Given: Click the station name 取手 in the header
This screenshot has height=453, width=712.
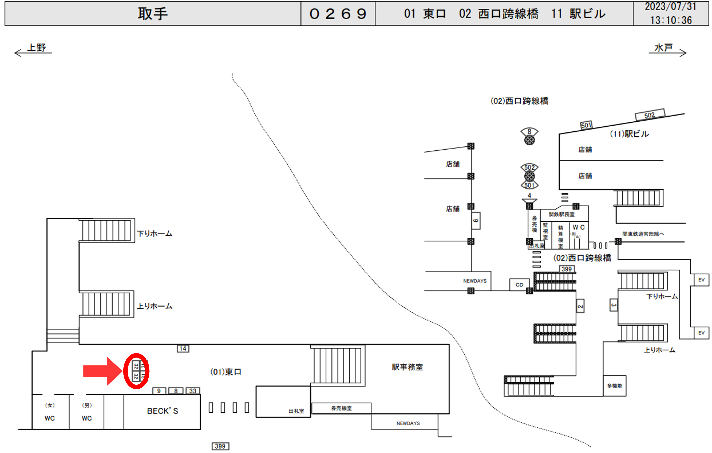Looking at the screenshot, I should [x=153, y=14].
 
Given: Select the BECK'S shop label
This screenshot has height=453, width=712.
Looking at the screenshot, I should [x=162, y=411].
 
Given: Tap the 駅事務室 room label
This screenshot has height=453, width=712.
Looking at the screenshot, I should [x=407, y=367].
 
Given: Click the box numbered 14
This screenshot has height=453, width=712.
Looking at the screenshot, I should [x=183, y=349].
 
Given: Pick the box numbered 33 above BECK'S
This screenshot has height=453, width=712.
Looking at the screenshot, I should [x=193, y=391].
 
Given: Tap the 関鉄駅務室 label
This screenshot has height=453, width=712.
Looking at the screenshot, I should [x=561, y=214].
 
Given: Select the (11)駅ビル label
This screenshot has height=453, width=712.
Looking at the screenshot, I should [x=629, y=134].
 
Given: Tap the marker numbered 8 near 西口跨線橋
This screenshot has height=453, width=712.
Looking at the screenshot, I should [x=529, y=132].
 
